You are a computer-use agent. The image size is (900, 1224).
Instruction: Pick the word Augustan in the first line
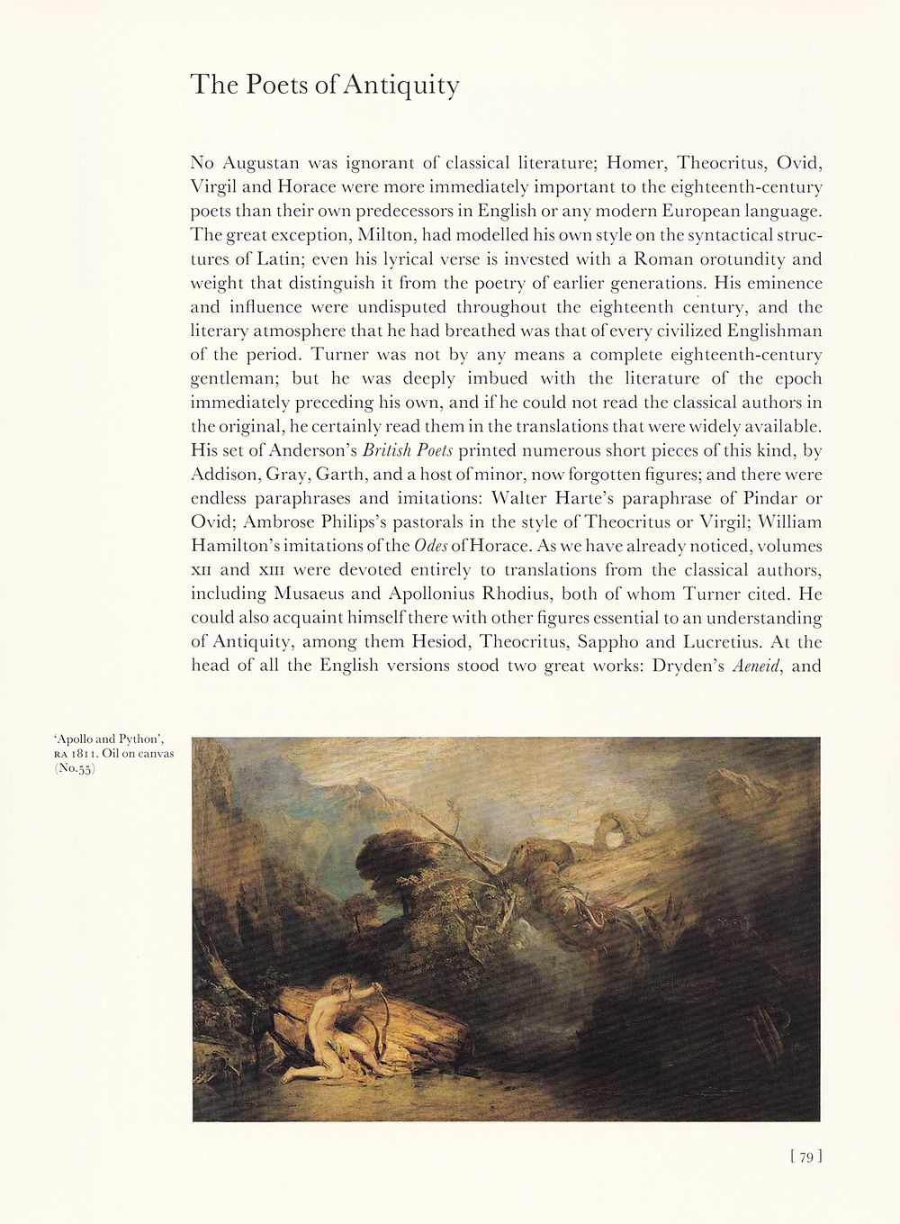click(x=260, y=164)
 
